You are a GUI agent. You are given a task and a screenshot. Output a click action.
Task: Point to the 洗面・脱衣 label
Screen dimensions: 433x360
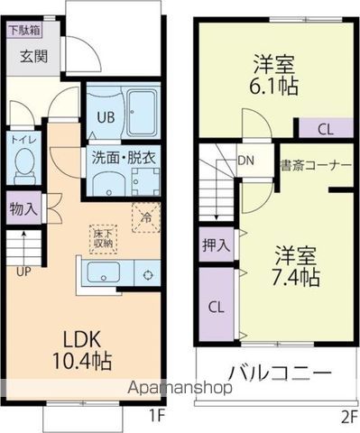125,155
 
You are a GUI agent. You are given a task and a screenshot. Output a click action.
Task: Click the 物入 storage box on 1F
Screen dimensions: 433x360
23,208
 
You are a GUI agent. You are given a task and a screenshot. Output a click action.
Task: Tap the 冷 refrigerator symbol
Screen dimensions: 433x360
145,217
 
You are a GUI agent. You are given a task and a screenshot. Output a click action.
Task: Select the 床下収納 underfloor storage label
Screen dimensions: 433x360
102,238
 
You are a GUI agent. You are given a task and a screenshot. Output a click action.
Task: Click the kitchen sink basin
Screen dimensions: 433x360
106,272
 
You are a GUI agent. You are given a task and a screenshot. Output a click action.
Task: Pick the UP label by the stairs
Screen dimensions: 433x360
19,269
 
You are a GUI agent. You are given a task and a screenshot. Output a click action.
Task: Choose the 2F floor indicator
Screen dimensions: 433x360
346,417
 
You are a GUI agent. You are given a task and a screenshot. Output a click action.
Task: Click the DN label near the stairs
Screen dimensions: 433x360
245,162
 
